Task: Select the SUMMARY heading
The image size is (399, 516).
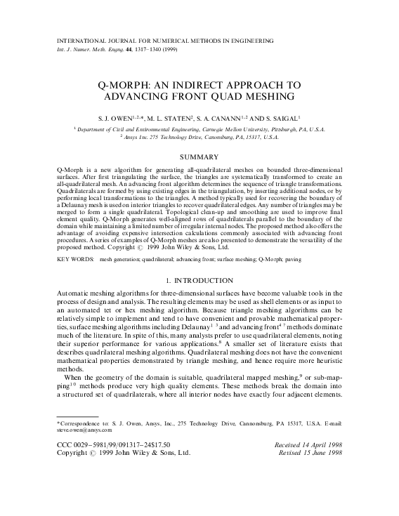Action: pos(199,156)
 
